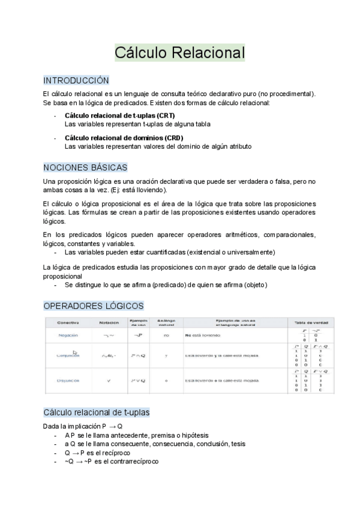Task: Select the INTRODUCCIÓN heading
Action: tap(76, 80)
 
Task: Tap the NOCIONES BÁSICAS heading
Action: tap(85, 167)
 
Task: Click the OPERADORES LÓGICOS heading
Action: tap(94, 306)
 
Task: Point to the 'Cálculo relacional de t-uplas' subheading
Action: tap(97, 413)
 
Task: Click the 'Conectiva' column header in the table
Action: tap(68, 323)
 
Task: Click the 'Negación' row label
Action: tap(68, 336)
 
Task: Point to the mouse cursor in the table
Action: tap(75, 353)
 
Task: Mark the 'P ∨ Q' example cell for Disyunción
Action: tap(139, 380)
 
